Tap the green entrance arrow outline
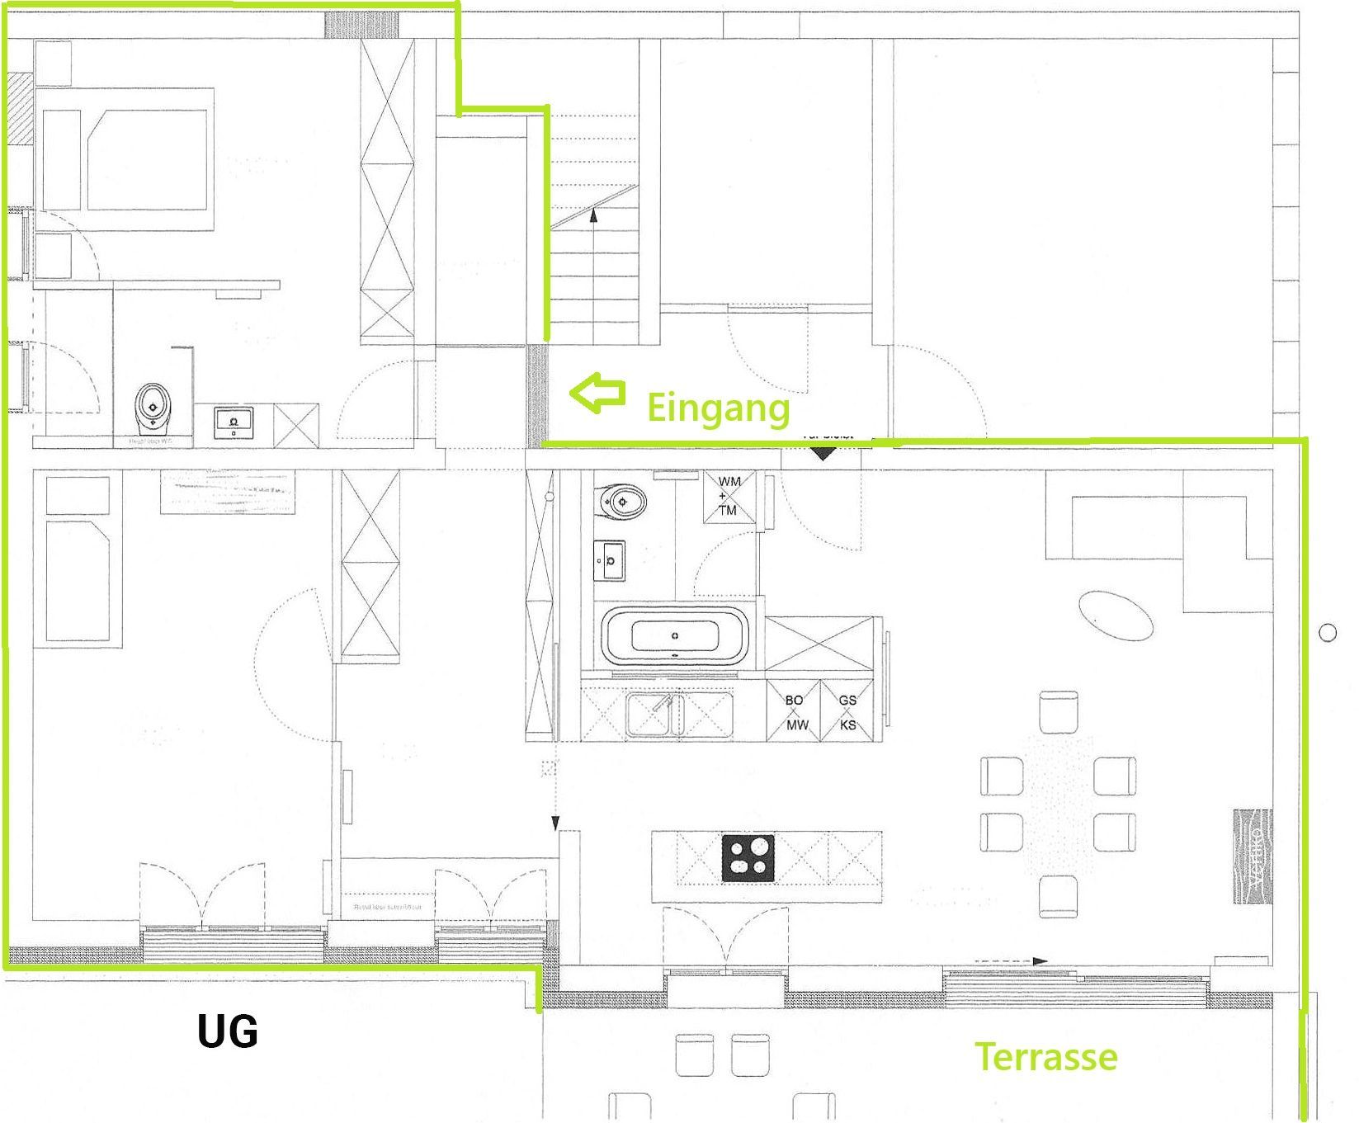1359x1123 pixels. (x=597, y=394)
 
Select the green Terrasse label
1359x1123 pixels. (x=1046, y=1056)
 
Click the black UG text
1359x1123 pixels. (x=228, y=1032)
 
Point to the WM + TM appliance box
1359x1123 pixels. (x=728, y=496)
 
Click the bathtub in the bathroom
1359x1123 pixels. (x=675, y=636)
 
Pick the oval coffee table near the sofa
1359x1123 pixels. (x=1114, y=615)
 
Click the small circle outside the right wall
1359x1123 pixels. (x=1327, y=633)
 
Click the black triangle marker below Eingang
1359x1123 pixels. (x=823, y=452)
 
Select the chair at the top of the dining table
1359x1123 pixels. (x=1059, y=712)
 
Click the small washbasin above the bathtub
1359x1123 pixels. (x=610, y=560)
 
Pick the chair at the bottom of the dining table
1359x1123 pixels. (x=1059, y=896)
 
